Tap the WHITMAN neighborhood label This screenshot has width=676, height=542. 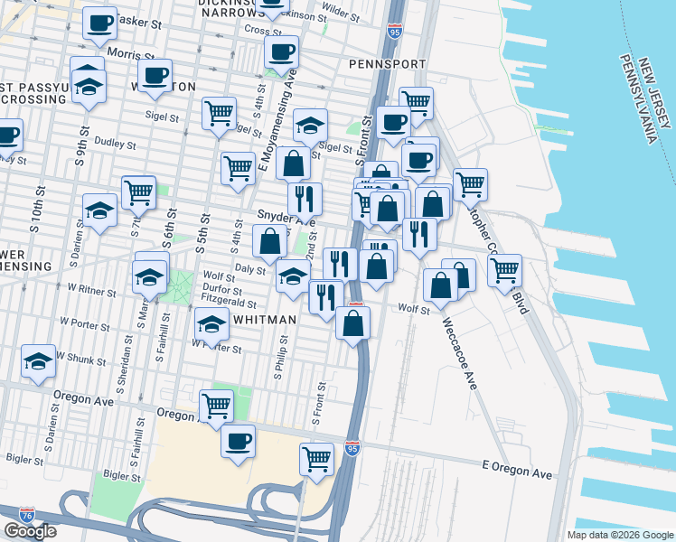(266, 320)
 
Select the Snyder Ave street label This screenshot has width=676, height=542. (286, 220)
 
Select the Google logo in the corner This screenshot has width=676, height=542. (30, 531)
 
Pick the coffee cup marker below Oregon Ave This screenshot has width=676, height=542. (238, 442)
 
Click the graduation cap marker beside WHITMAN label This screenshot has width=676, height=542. (211, 323)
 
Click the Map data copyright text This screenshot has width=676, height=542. (619, 535)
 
